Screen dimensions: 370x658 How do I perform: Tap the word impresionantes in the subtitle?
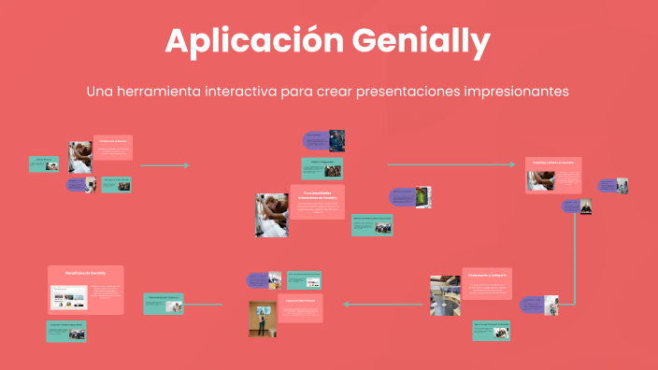coord(509,92)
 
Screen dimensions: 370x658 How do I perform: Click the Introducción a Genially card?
coord(113,148)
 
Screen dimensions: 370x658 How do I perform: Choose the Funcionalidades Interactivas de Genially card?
coord(317,202)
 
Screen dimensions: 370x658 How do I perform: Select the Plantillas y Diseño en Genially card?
coord(552,175)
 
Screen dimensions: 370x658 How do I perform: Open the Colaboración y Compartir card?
coord(487,283)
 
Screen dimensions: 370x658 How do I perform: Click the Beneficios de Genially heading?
coord(85,273)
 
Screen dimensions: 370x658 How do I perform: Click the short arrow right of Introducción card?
coord(164,165)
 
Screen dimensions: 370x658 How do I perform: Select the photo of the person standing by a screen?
coord(262,319)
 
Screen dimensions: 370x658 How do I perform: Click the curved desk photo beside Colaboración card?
coord(444,295)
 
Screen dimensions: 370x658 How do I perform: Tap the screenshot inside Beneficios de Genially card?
coord(68,298)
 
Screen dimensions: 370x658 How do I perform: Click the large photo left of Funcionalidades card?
coord(272,215)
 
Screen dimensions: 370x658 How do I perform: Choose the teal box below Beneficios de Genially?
coord(66,331)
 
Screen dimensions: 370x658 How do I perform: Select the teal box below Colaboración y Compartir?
coord(491,330)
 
